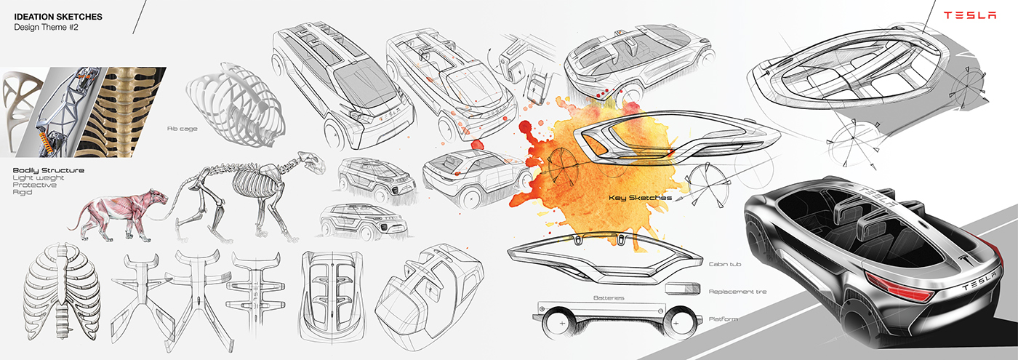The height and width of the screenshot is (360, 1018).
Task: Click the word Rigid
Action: pyautogui.click(x=23, y=192)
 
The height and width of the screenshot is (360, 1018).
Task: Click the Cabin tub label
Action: pyautogui.click(x=725, y=265)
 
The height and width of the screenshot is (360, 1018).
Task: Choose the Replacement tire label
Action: pyautogui.click(x=737, y=292)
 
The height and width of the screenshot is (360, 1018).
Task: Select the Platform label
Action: pyautogui.click(x=723, y=319)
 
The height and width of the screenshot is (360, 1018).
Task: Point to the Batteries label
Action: pyautogui.click(x=608, y=297)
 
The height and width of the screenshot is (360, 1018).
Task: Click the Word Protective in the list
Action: pyautogui.click(x=33, y=185)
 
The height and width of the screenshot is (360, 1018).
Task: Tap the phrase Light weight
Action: pyautogui.click(x=39, y=177)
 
